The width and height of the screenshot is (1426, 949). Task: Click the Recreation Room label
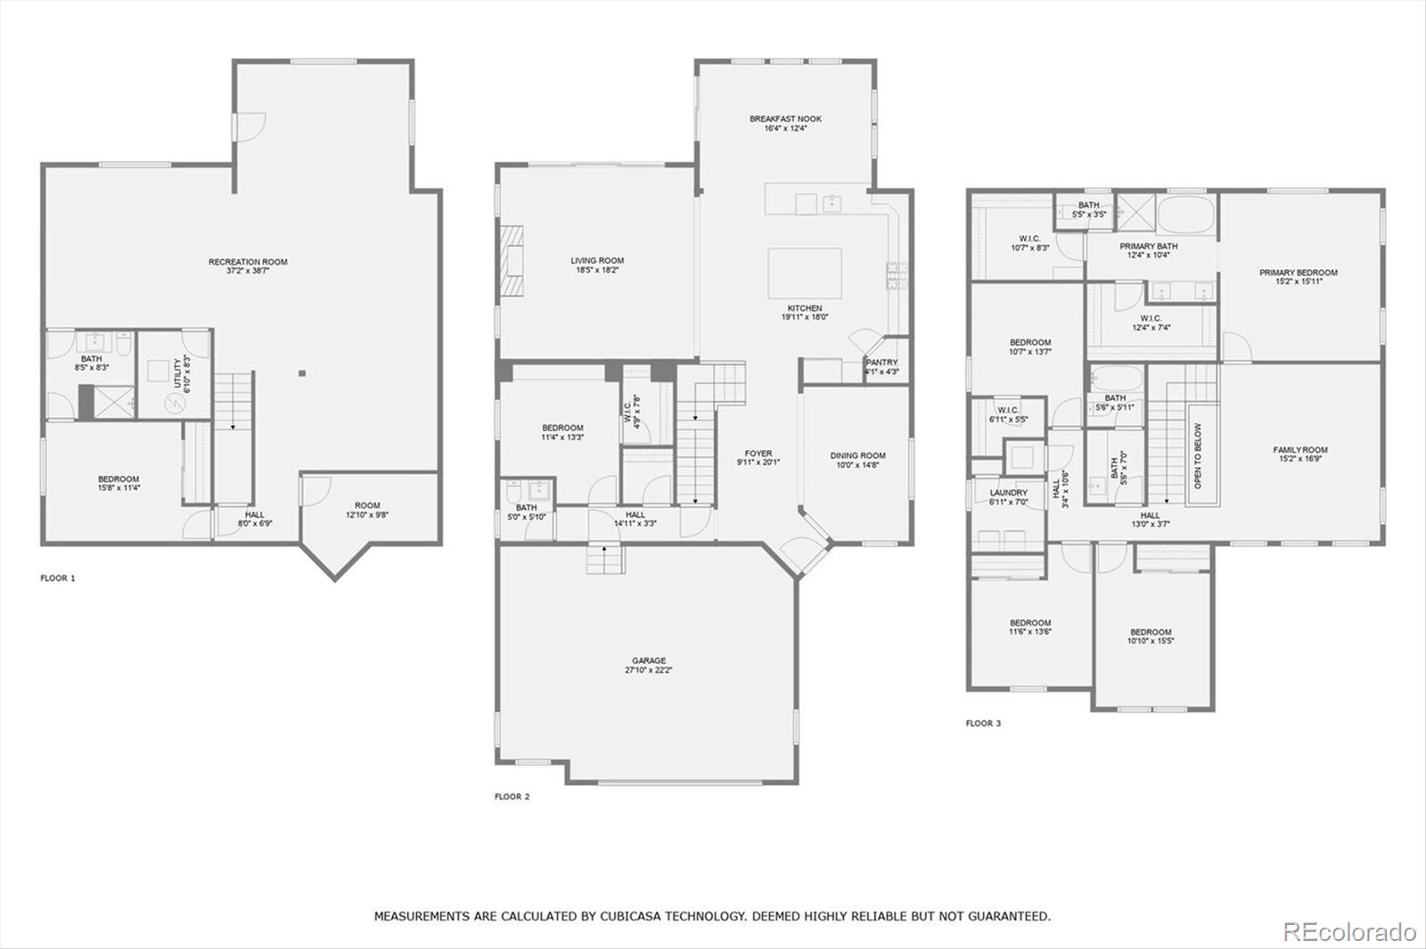(248, 262)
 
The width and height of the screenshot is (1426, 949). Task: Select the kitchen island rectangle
(805, 274)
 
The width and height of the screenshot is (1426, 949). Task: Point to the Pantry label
(881, 362)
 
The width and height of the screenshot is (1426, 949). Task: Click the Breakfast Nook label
(785, 119)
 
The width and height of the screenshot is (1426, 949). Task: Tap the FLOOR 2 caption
(512, 797)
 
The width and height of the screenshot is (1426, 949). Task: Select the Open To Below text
(1198, 455)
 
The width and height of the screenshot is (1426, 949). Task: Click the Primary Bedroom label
(1298, 273)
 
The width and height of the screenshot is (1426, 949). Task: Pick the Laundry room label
(1008, 492)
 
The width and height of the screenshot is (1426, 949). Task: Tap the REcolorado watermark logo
(1348, 932)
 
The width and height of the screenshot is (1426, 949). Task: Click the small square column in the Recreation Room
(302, 372)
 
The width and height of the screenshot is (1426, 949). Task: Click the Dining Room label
(857, 455)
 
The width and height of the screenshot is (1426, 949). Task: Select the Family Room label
(1299, 450)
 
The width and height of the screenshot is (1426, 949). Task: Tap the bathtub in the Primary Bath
(1185, 215)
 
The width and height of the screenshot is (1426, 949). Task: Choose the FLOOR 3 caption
(983, 724)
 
